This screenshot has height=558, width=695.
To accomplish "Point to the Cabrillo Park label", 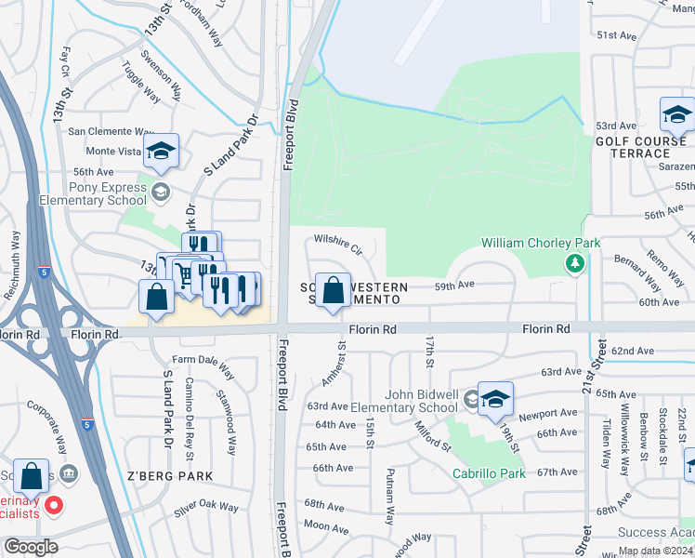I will (489, 473).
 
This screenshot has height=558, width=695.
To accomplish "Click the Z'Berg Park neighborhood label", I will (170, 476).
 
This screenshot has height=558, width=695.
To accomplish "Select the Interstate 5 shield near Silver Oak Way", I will (86, 425).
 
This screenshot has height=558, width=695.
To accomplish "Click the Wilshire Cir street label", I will (337, 244).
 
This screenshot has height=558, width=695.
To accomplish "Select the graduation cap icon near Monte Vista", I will (161, 151).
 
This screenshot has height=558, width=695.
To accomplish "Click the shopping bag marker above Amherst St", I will (333, 290).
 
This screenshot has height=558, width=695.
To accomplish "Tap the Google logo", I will (31, 547).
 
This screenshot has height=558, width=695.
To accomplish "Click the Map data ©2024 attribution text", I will (656, 551).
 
